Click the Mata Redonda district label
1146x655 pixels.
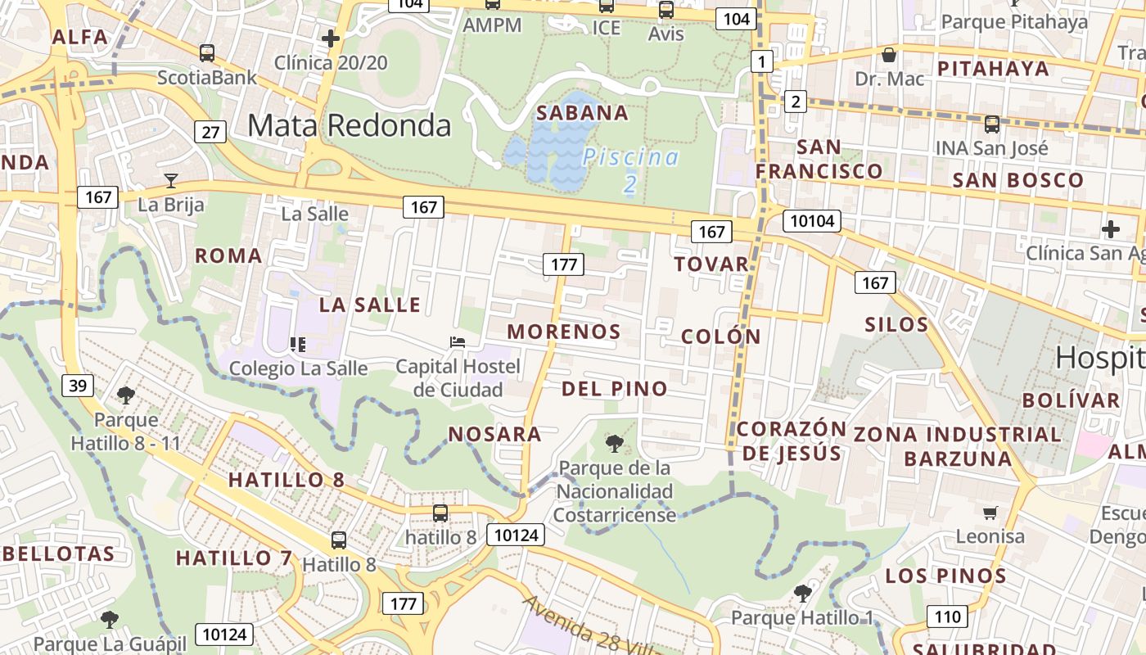[349, 125]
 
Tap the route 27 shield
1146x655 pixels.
[211, 131]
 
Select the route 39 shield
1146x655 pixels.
[77, 385]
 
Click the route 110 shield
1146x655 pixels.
[947, 616]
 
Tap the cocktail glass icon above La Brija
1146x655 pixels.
[171, 181]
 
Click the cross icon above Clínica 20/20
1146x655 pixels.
[331, 38]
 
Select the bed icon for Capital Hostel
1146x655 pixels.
[458, 341]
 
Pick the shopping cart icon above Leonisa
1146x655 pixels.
[990, 513]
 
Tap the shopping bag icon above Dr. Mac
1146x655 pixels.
[889, 55]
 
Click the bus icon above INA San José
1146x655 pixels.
[992, 124]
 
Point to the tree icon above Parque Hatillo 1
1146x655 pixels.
[802, 593]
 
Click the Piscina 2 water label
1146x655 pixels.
[630, 169]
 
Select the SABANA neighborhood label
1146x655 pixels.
[582, 113]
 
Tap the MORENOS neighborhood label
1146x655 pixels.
[564, 332]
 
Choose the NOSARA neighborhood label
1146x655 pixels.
[494, 434]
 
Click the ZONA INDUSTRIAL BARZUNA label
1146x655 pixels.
[957, 445]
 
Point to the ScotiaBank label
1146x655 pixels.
[206, 78]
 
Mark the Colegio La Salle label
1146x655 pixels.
[298, 368]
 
